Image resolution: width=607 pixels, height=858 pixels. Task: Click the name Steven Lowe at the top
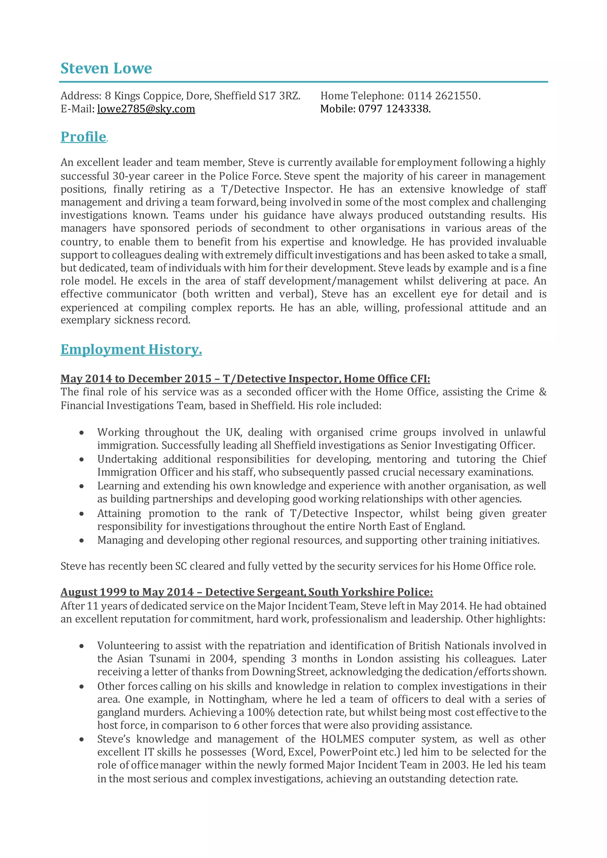pyautogui.click(x=106, y=68)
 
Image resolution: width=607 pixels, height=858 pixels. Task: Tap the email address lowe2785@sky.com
pyautogui.click(x=146, y=109)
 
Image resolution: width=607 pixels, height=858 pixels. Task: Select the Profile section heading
pyautogui.click(x=83, y=137)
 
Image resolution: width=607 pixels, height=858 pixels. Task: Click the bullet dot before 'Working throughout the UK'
pyautogui.click(x=82, y=433)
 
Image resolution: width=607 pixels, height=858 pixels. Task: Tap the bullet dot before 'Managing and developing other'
pyautogui.click(x=82, y=540)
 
